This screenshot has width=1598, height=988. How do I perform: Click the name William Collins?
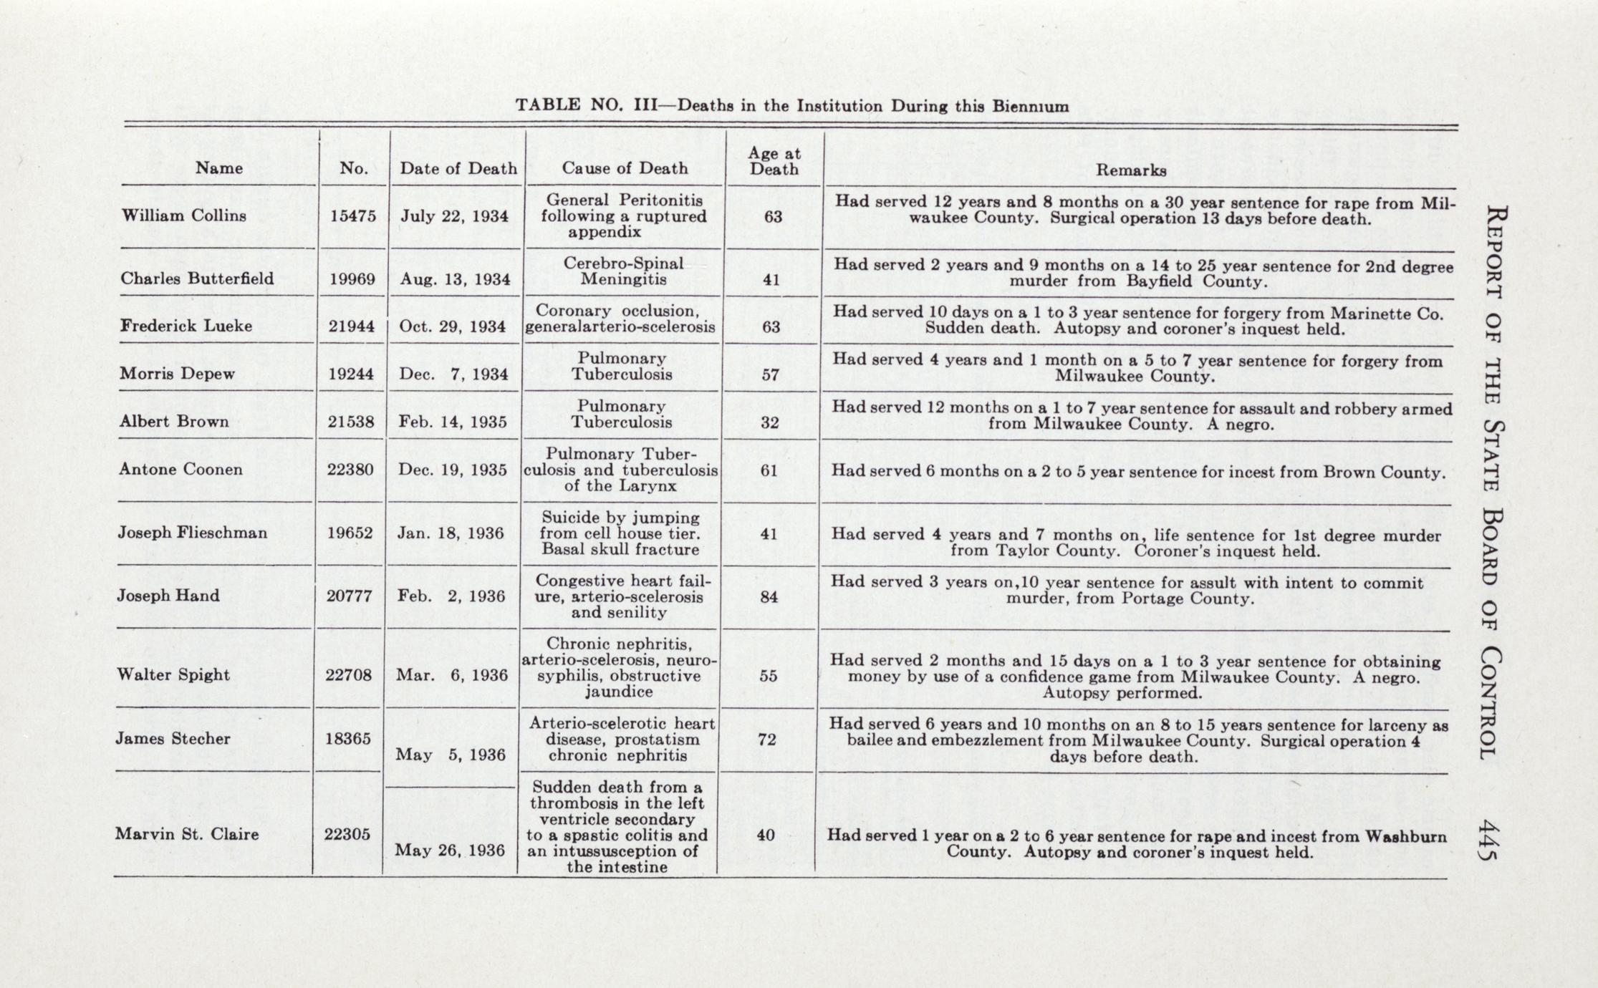183,215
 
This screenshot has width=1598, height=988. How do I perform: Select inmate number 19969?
352,279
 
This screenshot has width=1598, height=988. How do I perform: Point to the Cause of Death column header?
625,168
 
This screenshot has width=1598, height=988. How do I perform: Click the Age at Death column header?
774,161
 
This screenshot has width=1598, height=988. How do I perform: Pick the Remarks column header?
1131,170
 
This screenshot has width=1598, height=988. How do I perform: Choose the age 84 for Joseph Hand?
769,596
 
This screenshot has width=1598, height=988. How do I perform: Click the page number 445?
1489,839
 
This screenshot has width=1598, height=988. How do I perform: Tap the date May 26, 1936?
450,850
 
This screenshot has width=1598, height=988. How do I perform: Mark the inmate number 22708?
349,675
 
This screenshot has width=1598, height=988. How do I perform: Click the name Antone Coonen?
181,469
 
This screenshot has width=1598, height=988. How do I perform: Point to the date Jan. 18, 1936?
451,533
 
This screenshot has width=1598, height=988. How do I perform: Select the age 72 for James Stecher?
767,739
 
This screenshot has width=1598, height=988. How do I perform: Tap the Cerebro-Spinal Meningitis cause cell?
623,271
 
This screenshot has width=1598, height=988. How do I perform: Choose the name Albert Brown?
174,422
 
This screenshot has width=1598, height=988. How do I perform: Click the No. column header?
354,168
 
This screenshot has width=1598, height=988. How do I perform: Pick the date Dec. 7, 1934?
454,374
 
